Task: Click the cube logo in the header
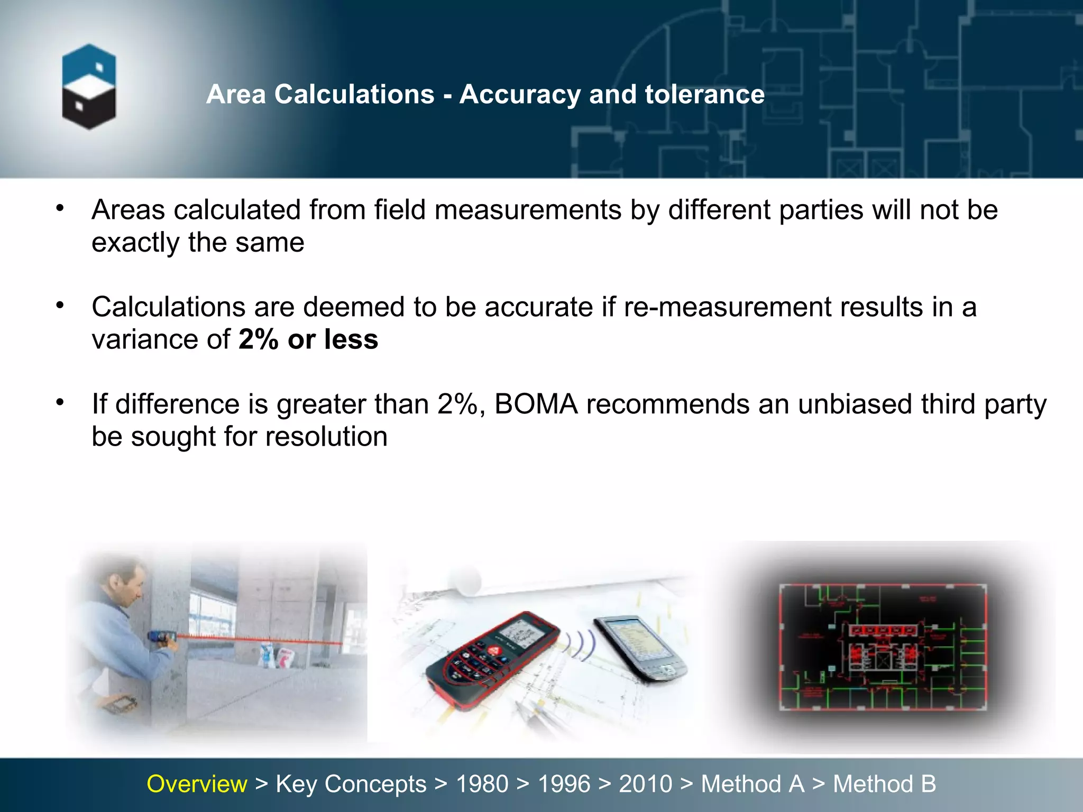point(89,87)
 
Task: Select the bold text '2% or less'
point(308,339)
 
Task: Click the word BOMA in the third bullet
point(536,404)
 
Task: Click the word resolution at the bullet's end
point(326,437)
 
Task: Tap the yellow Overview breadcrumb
point(197,784)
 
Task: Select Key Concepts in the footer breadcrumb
point(351,784)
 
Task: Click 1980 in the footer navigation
point(482,784)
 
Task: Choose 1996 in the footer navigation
point(564,784)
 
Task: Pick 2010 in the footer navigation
point(645,784)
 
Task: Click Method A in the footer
point(752,784)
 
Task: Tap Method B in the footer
point(884,784)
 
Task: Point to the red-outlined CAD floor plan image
point(883,647)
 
